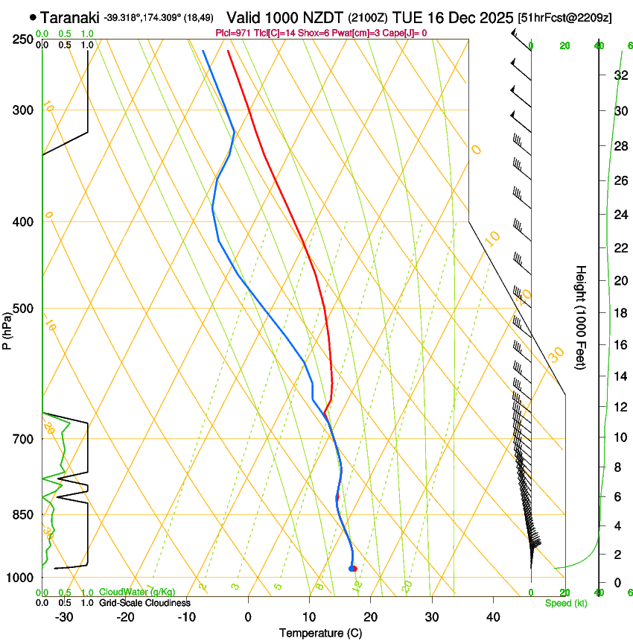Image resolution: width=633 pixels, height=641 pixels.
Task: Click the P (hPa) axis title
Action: pos(7,328)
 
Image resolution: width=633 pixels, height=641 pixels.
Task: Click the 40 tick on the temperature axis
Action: pos(492,616)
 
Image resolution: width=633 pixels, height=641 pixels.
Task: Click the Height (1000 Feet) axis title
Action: pos(581,318)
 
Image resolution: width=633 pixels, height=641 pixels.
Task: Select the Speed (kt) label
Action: pos(565,603)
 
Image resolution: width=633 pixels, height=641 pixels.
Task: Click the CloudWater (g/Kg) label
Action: pos(137,593)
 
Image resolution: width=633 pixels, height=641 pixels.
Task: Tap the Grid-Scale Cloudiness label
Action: pos(144,603)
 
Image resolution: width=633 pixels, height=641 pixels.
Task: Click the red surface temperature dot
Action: pos(354,569)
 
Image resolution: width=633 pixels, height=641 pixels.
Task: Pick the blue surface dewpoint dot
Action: pos(351,569)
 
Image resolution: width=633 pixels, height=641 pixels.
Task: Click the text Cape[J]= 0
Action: pos(406,33)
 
